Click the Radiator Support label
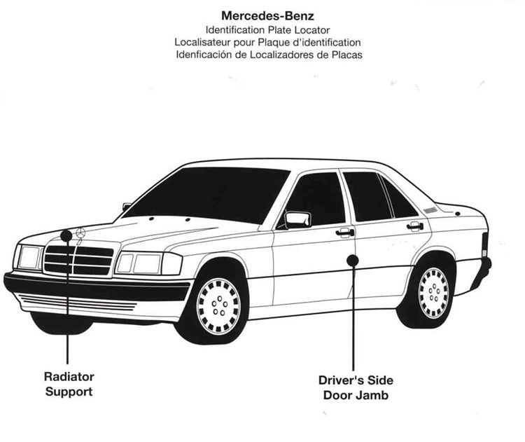[x=69, y=385]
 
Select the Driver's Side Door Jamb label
[x=356, y=387]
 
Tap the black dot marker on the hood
[x=66, y=235]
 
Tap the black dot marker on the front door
[x=353, y=260]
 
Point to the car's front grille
[x=78, y=260]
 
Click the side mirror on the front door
[x=297, y=219]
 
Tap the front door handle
[x=344, y=232]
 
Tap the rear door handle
[x=415, y=226]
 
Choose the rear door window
[x=366, y=196]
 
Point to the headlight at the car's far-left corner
[x=29, y=257]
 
